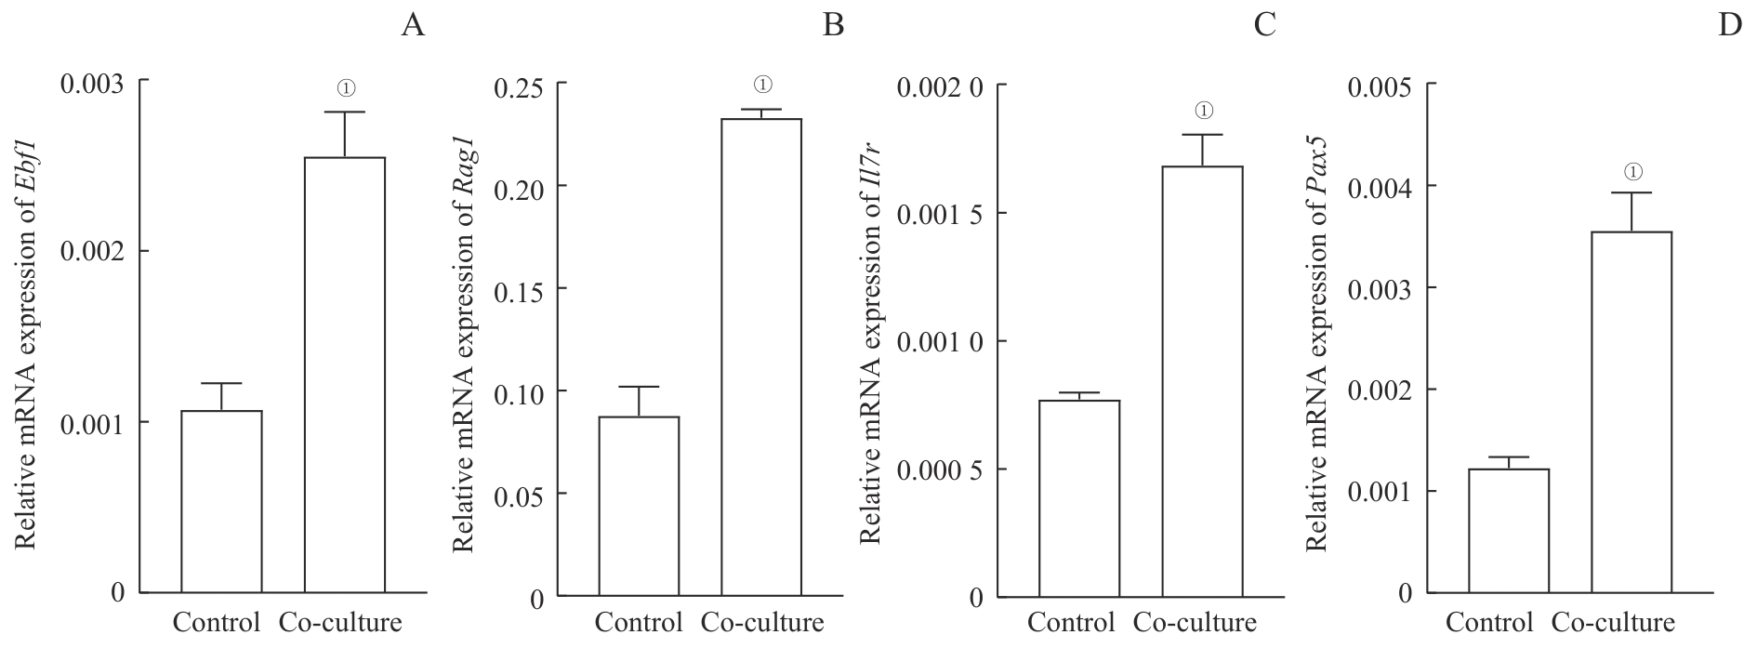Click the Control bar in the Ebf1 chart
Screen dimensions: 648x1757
coord(221,501)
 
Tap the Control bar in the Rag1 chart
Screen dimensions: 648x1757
coord(639,506)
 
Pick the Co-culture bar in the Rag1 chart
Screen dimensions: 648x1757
coord(761,357)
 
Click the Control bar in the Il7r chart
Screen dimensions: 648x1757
coord(1079,498)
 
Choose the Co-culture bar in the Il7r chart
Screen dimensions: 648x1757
coord(1203,381)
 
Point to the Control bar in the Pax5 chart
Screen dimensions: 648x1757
coord(1509,531)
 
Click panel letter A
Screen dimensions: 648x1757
coord(413,25)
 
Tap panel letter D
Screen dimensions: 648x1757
coord(1730,25)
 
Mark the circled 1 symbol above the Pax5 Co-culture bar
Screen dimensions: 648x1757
coord(1633,172)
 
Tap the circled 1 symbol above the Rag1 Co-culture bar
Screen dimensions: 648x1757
coord(762,85)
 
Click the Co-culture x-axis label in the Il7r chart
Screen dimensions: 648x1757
coord(1196,622)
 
